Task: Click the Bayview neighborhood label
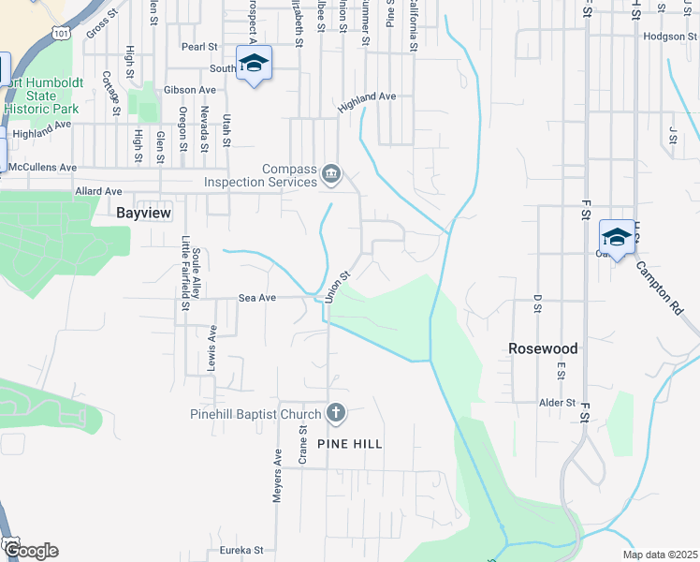coord(143,213)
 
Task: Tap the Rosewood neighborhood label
coord(543,348)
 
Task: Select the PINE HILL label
coord(350,443)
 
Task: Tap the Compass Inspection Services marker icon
coord(331,174)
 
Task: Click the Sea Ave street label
coord(257,298)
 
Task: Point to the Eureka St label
coord(241,551)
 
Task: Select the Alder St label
coord(557,403)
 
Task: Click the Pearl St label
coord(199,46)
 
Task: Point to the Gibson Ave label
coord(189,90)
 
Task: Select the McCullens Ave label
coord(42,167)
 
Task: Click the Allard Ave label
coord(98,191)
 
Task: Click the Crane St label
coord(303,444)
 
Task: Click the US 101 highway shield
coord(60,33)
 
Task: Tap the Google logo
coord(30,551)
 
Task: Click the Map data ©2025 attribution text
coord(660,554)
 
